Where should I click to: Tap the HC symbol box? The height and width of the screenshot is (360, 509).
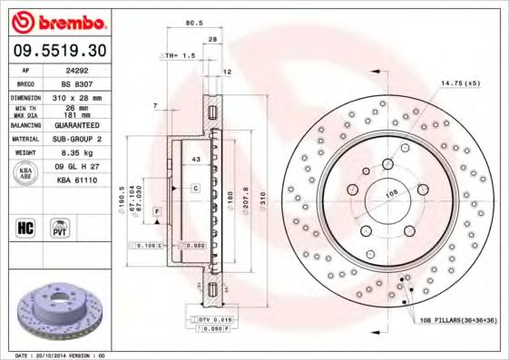click(24, 228)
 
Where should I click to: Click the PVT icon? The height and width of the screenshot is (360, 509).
click(59, 228)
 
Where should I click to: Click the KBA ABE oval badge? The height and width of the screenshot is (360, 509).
click(26, 174)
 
